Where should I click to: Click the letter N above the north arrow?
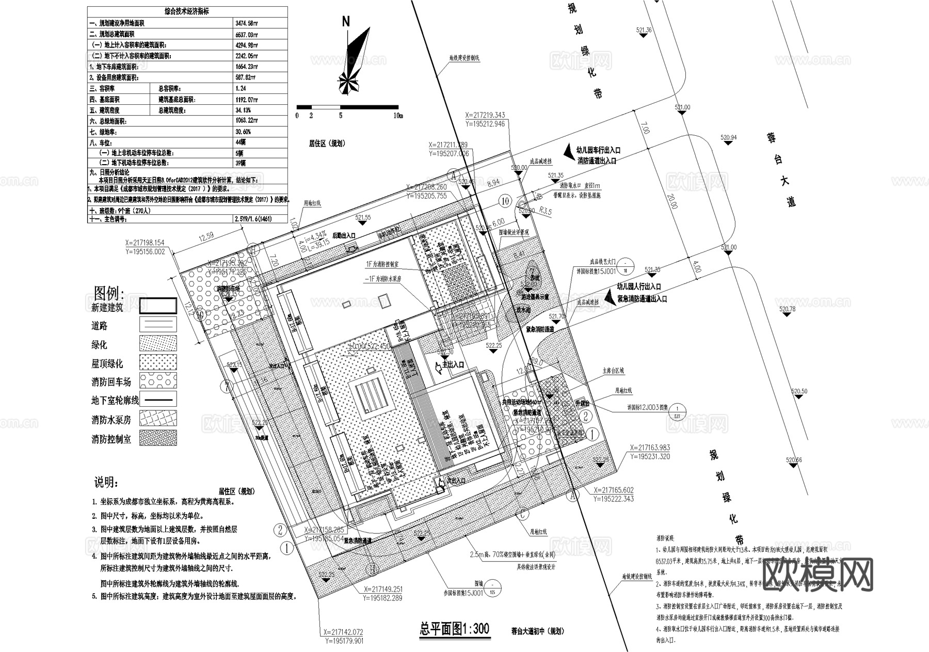(x=346, y=21)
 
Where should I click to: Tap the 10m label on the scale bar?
(x=397, y=116)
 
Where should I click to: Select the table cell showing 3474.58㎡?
(x=247, y=23)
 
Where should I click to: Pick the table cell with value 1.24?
(x=240, y=89)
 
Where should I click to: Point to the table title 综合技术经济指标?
(x=187, y=11)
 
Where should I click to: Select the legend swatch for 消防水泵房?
(x=158, y=418)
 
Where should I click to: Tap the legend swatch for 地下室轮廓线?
(x=158, y=399)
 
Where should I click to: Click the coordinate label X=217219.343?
(x=485, y=116)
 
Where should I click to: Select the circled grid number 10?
(x=505, y=201)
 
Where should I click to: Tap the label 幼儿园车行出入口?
(x=599, y=150)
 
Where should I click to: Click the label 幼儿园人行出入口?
(x=639, y=287)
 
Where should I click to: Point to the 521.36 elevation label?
(x=644, y=30)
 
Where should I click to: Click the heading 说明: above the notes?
(x=106, y=483)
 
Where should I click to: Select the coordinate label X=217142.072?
(x=344, y=632)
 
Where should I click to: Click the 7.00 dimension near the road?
(x=644, y=129)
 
